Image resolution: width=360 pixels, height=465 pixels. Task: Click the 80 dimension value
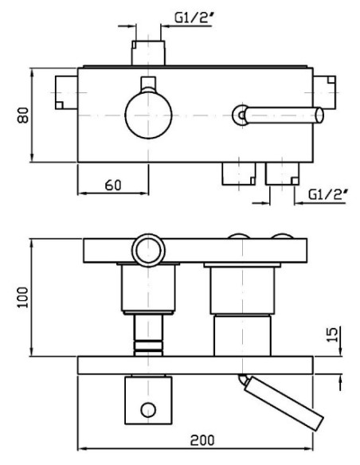23,115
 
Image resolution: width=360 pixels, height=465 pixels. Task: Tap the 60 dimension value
113,186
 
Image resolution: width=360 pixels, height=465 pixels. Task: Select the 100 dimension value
23,298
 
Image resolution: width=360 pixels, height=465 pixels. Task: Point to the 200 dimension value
202,440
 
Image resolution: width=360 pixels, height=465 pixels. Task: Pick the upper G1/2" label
194,18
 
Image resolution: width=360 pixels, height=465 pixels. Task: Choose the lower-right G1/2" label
328,195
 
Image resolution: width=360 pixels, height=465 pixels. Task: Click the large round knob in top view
148,115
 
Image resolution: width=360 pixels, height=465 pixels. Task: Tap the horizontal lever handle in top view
284,115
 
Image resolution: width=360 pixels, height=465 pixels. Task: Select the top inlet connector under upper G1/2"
148,53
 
